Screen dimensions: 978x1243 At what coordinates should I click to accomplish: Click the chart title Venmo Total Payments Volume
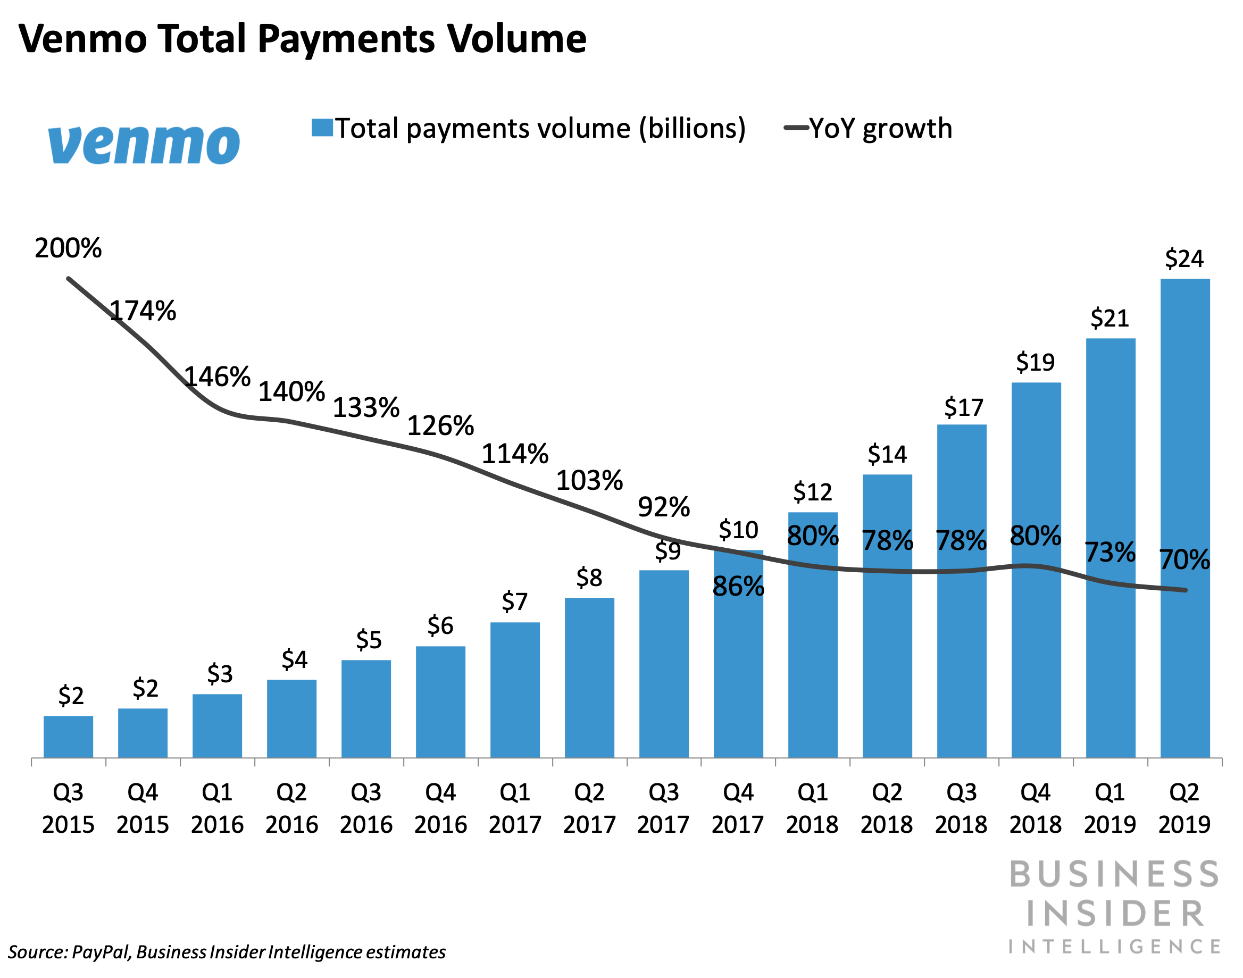[302, 39]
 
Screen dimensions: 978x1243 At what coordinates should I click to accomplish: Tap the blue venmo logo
[144, 144]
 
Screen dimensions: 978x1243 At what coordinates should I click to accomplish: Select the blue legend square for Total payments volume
[322, 127]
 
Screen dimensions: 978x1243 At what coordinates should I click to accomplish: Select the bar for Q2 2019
[1184, 518]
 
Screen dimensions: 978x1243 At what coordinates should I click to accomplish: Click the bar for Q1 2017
[515, 690]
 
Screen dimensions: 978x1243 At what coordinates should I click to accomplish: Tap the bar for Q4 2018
[1036, 570]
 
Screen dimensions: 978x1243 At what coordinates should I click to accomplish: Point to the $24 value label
[1184, 258]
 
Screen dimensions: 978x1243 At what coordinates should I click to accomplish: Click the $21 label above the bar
[1109, 318]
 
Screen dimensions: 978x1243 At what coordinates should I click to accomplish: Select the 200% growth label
[68, 248]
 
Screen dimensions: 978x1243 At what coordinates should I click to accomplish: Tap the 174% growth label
[143, 311]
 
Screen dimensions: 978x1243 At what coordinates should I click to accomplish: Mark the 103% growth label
[589, 480]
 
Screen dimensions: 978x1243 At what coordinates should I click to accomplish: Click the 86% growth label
[738, 587]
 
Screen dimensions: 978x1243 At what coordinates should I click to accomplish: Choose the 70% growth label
[1184, 559]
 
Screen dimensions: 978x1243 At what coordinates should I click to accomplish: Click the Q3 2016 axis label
[366, 808]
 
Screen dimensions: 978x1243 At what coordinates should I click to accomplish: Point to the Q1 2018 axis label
[813, 808]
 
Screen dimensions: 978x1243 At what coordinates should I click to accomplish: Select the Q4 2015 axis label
[143, 808]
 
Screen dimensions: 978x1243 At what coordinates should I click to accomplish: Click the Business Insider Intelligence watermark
[1114, 906]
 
